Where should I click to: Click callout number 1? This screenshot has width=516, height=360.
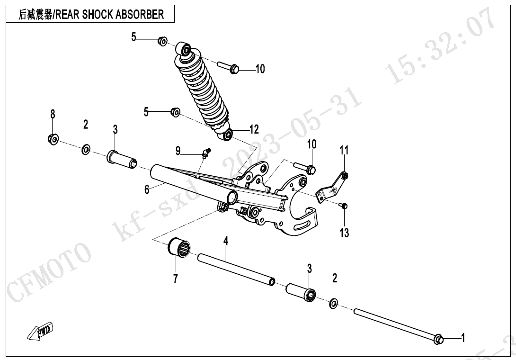click(463, 338)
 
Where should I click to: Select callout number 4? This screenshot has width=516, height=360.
click(226, 241)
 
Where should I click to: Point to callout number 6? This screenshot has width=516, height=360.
click(147, 189)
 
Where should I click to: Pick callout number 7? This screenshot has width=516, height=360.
click(175, 279)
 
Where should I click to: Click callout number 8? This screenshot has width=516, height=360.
click(53, 114)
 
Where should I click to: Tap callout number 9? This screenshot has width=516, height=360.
click(178, 151)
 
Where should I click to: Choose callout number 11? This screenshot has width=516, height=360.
click(344, 151)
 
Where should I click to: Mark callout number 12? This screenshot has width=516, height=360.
click(254, 129)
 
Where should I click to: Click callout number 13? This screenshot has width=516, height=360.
click(344, 233)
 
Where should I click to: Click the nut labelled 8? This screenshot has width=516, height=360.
click(53, 139)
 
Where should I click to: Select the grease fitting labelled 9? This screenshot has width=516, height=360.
click(205, 153)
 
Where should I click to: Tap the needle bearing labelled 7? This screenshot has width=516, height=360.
click(179, 249)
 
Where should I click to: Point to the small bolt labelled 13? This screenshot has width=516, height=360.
click(345, 206)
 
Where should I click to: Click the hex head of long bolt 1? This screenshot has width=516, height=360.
click(439, 339)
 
